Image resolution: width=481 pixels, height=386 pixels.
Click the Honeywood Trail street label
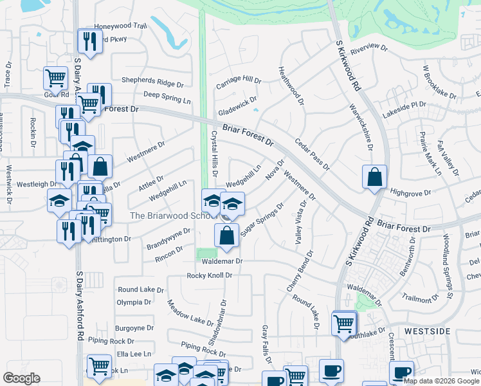(121, 26)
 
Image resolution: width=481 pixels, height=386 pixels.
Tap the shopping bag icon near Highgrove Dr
(374, 176)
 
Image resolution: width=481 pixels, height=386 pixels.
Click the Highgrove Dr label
(409, 192)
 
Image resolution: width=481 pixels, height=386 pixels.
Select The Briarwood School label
(170, 216)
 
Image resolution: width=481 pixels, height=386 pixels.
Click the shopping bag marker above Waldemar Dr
(227, 235)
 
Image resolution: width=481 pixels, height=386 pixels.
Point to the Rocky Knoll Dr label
(209, 275)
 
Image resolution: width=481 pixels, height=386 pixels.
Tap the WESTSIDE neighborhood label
(427, 331)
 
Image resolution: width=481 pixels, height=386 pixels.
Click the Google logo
(22, 378)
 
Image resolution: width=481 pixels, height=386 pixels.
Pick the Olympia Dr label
(134, 302)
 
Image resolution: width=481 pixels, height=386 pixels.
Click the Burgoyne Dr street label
(134, 327)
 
